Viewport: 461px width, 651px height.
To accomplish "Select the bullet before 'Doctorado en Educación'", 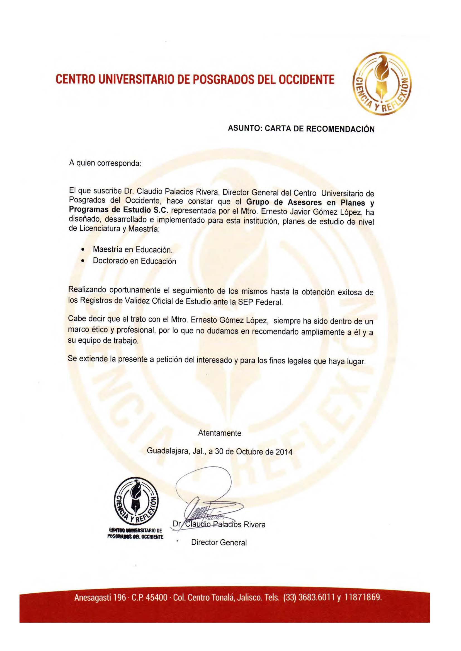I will click(83, 261).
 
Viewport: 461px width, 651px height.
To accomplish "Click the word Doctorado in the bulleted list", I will click(110, 261).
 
